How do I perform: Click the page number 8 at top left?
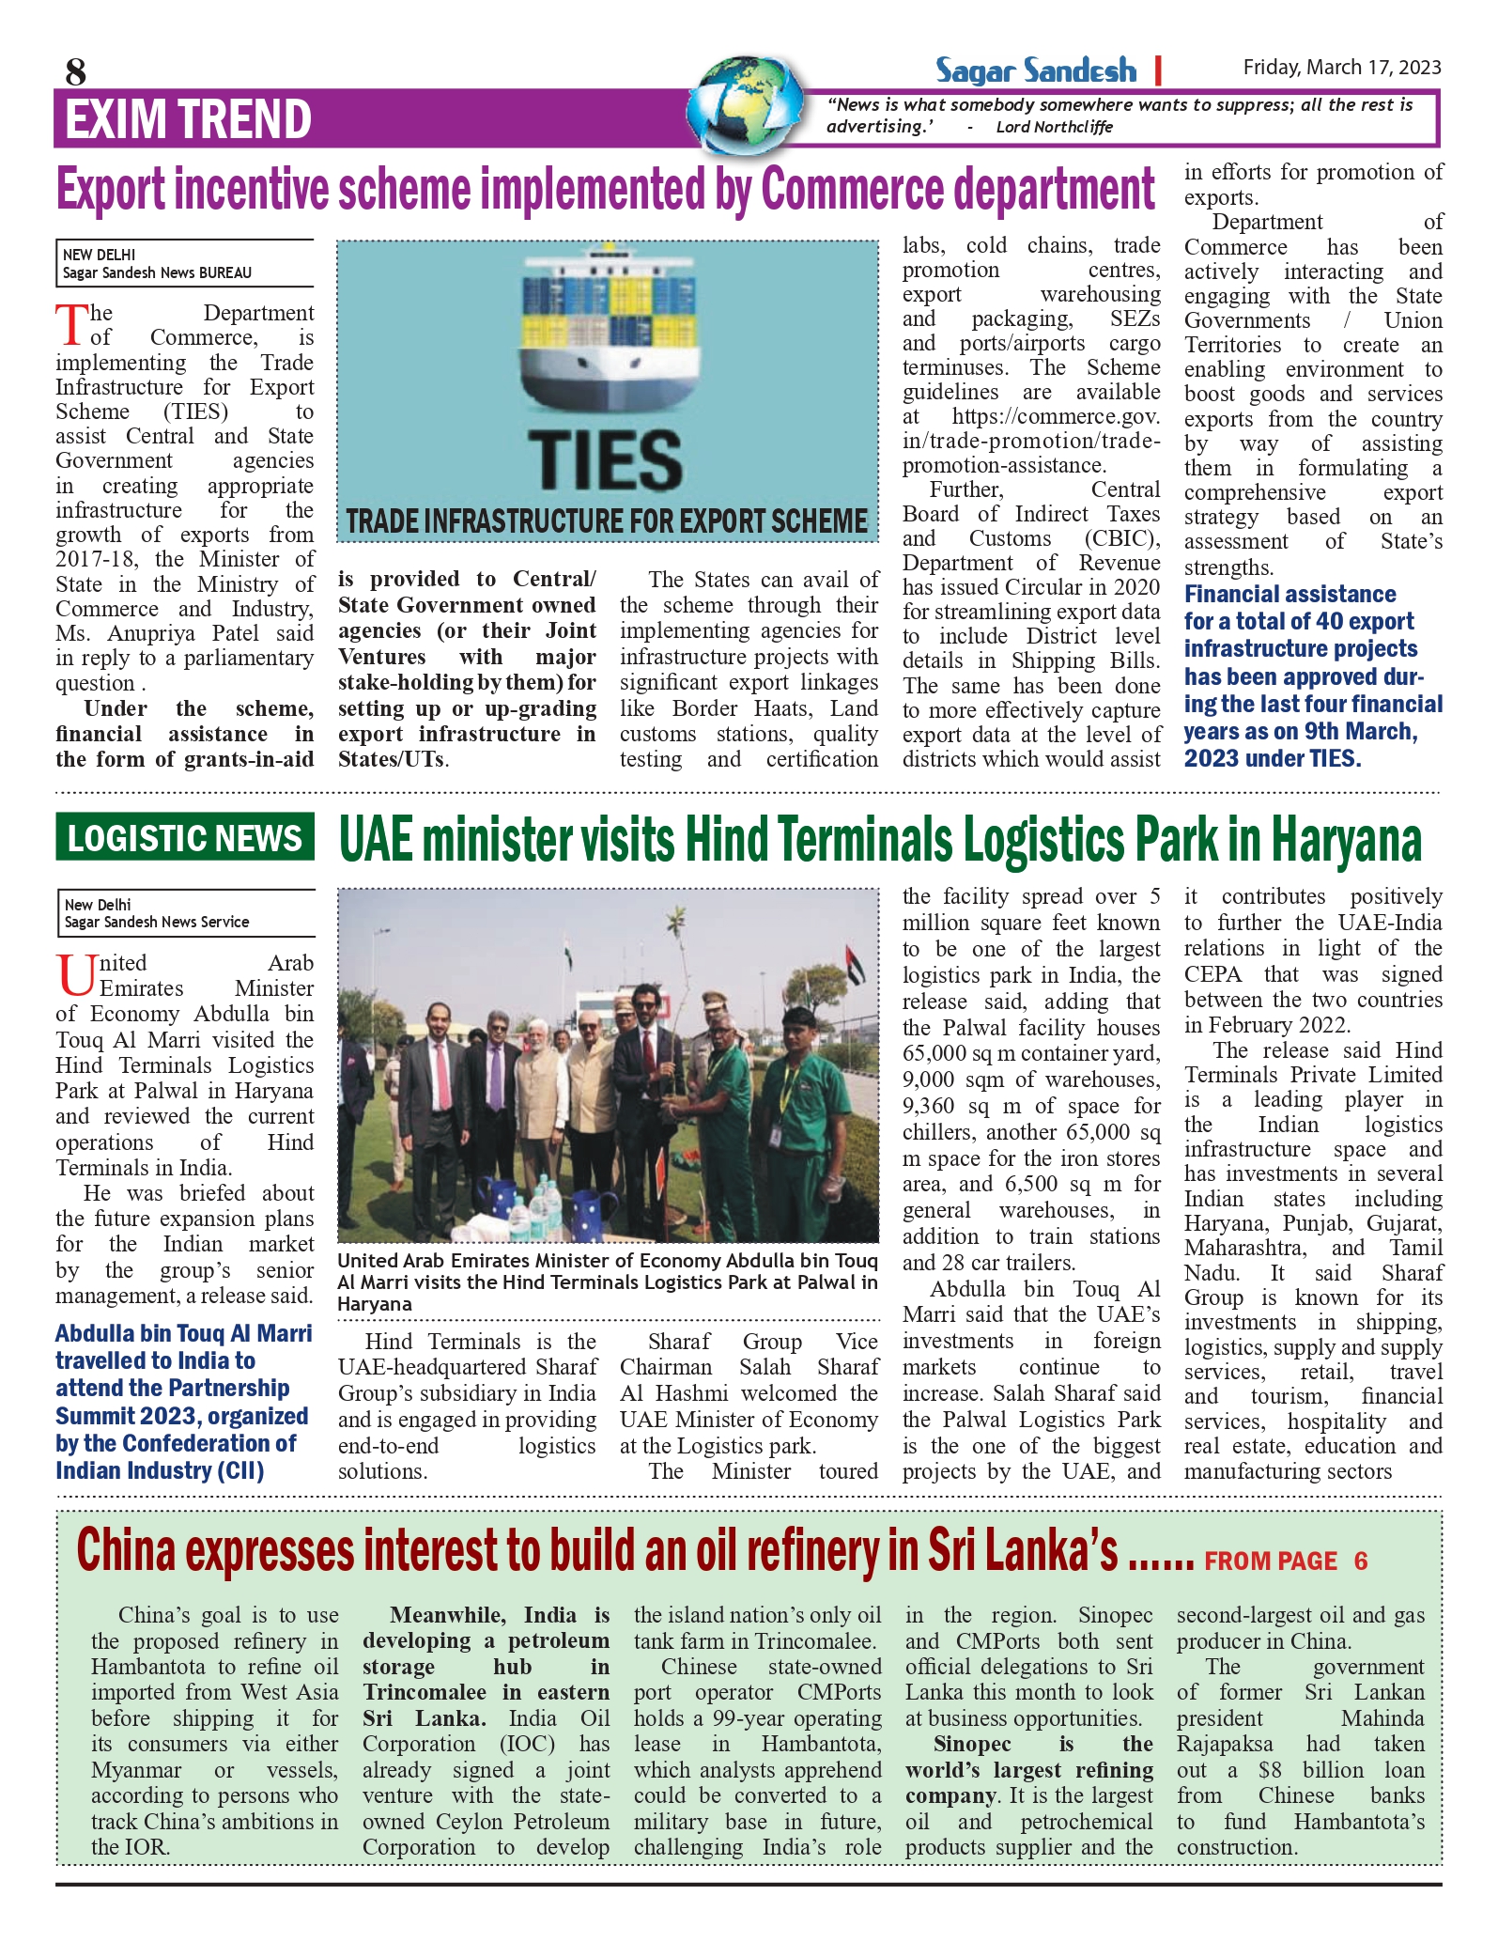pos(76,71)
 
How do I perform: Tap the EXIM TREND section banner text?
pos(188,119)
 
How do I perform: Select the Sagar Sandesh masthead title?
pos(1035,70)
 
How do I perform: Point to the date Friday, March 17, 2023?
pos(1341,68)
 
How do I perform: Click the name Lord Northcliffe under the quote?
pos(1054,128)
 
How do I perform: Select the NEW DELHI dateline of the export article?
pos(100,255)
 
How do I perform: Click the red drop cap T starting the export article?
pos(71,326)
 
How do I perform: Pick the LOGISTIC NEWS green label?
pos(185,838)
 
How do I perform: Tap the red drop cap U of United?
pos(75,976)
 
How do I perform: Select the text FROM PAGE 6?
pos(1286,1561)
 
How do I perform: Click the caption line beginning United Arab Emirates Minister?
pos(607,1261)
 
